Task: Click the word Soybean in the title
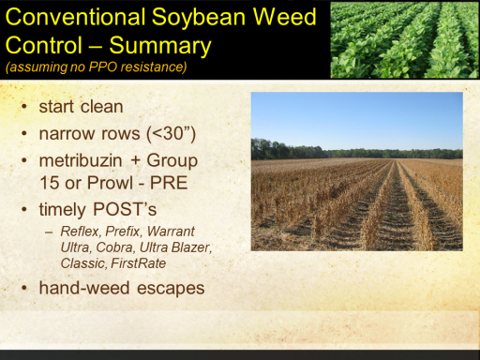point(199,19)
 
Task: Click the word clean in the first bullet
point(102,107)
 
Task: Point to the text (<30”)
point(172,134)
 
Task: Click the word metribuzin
point(81,160)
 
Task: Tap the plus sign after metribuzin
point(135,161)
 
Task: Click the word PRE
point(169,183)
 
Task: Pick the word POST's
point(125,209)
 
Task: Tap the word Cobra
point(115,247)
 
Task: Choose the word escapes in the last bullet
point(171,288)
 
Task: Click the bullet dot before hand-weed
point(24,288)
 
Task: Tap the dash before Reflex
point(49,232)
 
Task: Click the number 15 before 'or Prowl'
point(49,183)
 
